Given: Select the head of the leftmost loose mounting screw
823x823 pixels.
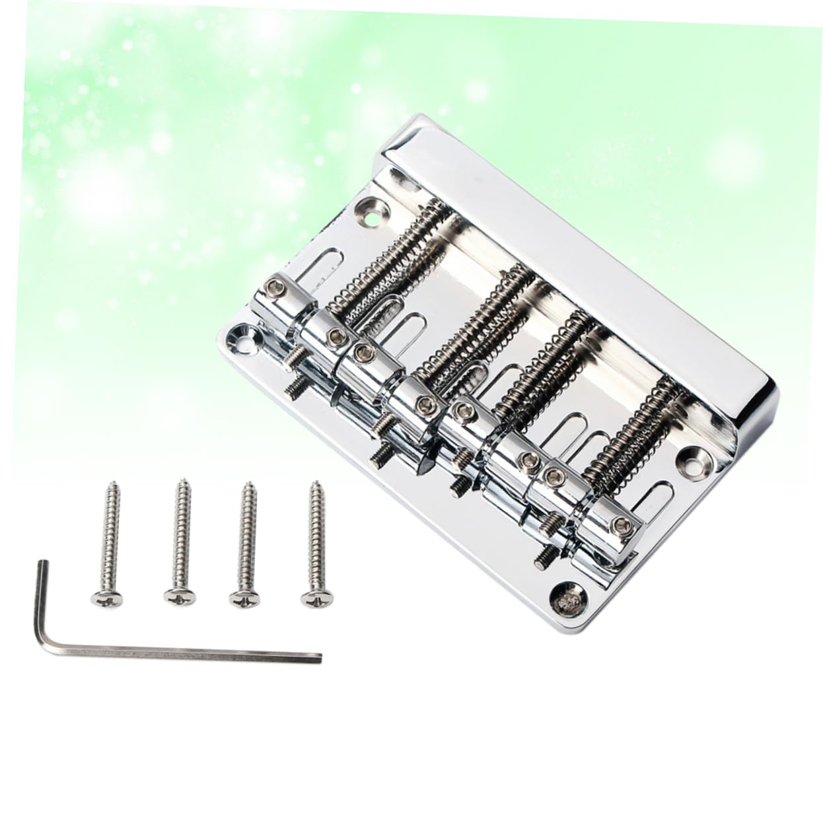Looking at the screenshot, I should tap(106, 598).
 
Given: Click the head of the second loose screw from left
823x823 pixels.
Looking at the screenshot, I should tap(179, 596).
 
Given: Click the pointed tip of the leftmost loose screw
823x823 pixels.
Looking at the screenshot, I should tap(110, 487).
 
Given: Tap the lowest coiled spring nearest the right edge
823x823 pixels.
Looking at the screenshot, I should tap(634, 436).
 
